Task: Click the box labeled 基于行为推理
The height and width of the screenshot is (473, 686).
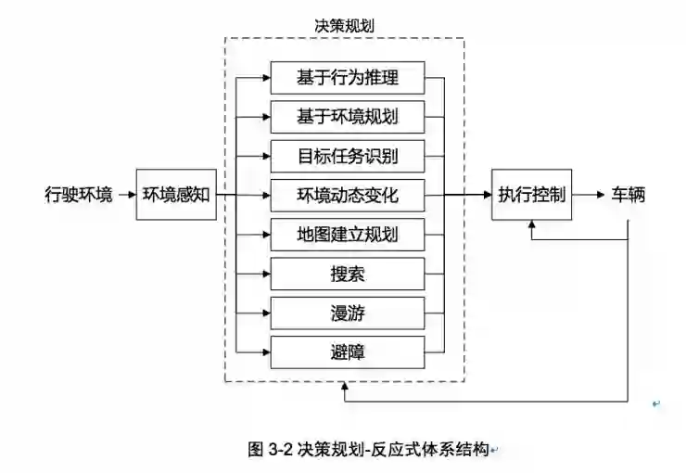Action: click(x=348, y=78)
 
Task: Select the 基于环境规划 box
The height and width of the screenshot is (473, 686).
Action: click(x=348, y=118)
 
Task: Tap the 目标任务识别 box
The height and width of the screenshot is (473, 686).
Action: click(x=348, y=157)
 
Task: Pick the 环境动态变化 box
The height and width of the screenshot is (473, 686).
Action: click(x=348, y=196)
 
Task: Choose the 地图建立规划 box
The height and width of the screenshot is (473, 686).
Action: click(x=348, y=235)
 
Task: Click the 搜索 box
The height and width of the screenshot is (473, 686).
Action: click(x=348, y=274)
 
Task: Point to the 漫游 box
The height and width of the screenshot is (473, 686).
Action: click(x=348, y=313)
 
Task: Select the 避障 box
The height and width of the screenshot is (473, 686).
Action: click(x=348, y=352)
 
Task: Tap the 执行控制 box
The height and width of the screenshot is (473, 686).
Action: click(x=530, y=196)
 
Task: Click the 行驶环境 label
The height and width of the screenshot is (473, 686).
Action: click(x=79, y=196)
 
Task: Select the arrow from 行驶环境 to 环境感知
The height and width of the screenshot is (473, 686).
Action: click(x=125, y=196)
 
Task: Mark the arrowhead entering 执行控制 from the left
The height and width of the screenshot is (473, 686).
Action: click(x=485, y=196)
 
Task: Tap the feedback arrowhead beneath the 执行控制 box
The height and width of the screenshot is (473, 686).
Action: click(x=530, y=226)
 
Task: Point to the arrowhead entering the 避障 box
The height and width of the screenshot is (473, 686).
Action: click(x=265, y=352)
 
